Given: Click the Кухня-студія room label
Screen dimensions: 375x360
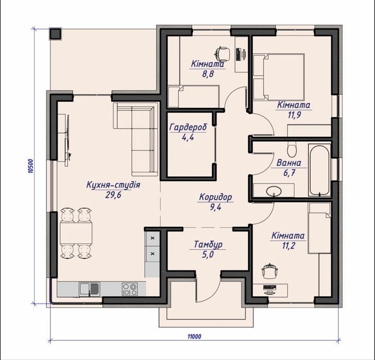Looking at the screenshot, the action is click(x=113, y=185).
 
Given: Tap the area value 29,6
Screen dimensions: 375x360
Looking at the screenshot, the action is click(x=113, y=195).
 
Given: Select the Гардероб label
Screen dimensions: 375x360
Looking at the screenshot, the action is click(x=188, y=128).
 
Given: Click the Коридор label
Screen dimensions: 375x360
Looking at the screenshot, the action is click(x=216, y=197).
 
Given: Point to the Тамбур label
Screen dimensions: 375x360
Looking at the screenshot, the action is click(x=208, y=244).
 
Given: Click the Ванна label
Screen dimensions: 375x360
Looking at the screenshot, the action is click(x=289, y=163).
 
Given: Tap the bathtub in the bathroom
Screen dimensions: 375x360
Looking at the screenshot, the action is click(x=319, y=170).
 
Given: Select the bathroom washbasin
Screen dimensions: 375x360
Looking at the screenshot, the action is click(x=274, y=191).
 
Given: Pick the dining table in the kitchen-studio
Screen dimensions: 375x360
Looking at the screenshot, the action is click(x=76, y=233).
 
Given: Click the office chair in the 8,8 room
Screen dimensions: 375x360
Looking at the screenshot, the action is click(x=223, y=53).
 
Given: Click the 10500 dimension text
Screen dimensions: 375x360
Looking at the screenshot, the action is click(x=30, y=166).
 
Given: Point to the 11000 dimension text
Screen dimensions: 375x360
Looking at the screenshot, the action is click(x=194, y=336).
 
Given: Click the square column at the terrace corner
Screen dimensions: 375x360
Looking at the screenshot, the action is click(x=56, y=33).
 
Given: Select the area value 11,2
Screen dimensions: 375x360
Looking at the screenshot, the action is click(x=289, y=245).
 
